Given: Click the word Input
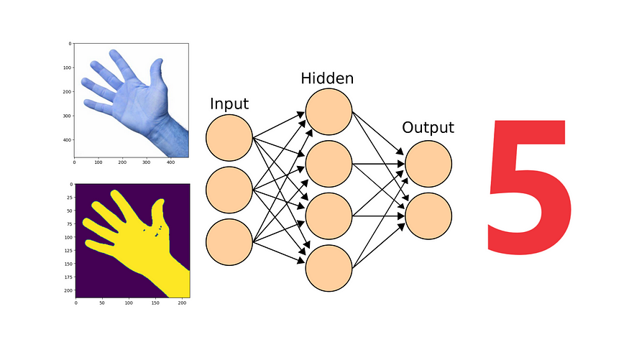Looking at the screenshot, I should click(x=229, y=103).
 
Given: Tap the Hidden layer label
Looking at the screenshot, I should click(x=327, y=78).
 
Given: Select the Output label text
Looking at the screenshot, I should click(x=428, y=128).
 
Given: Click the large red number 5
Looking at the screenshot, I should click(x=531, y=187).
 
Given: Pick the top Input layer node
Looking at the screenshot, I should click(x=229, y=138).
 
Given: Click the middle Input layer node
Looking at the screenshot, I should click(x=229, y=190).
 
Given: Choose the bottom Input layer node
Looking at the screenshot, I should click(x=229, y=241).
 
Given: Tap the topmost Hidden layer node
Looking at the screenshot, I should click(x=329, y=113).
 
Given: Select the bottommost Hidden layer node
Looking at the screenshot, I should click(x=329, y=267).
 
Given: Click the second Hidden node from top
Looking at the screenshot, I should click(x=329, y=164).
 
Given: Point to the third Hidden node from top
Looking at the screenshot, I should click(x=329, y=216).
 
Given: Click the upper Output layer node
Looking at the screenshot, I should click(x=428, y=164).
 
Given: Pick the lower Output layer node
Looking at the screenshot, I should click(x=428, y=216).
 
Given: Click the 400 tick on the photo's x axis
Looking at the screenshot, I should click(x=170, y=165).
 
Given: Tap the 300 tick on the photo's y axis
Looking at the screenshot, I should click(x=66, y=116).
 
